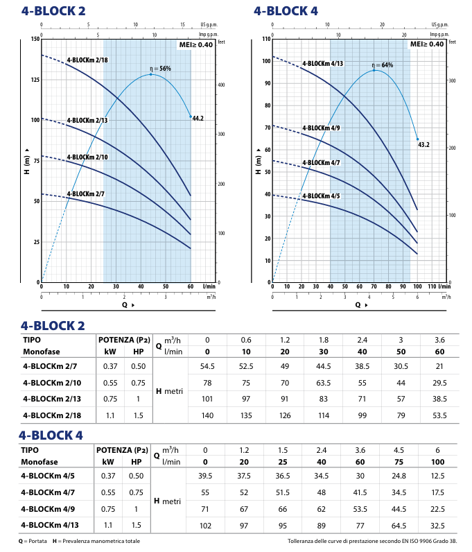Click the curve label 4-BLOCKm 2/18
tap(87, 60)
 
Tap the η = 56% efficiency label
tap(160, 69)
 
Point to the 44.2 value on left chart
tap(198, 119)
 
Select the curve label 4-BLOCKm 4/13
tap(322, 64)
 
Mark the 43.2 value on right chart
tap(423, 145)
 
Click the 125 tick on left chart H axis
tap(35, 80)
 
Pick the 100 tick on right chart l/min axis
tap(417, 286)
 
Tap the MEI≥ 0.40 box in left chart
tap(196, 44)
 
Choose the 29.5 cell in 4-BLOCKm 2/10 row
tap(439, 383)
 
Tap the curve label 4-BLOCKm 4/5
tap(321, 196)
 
